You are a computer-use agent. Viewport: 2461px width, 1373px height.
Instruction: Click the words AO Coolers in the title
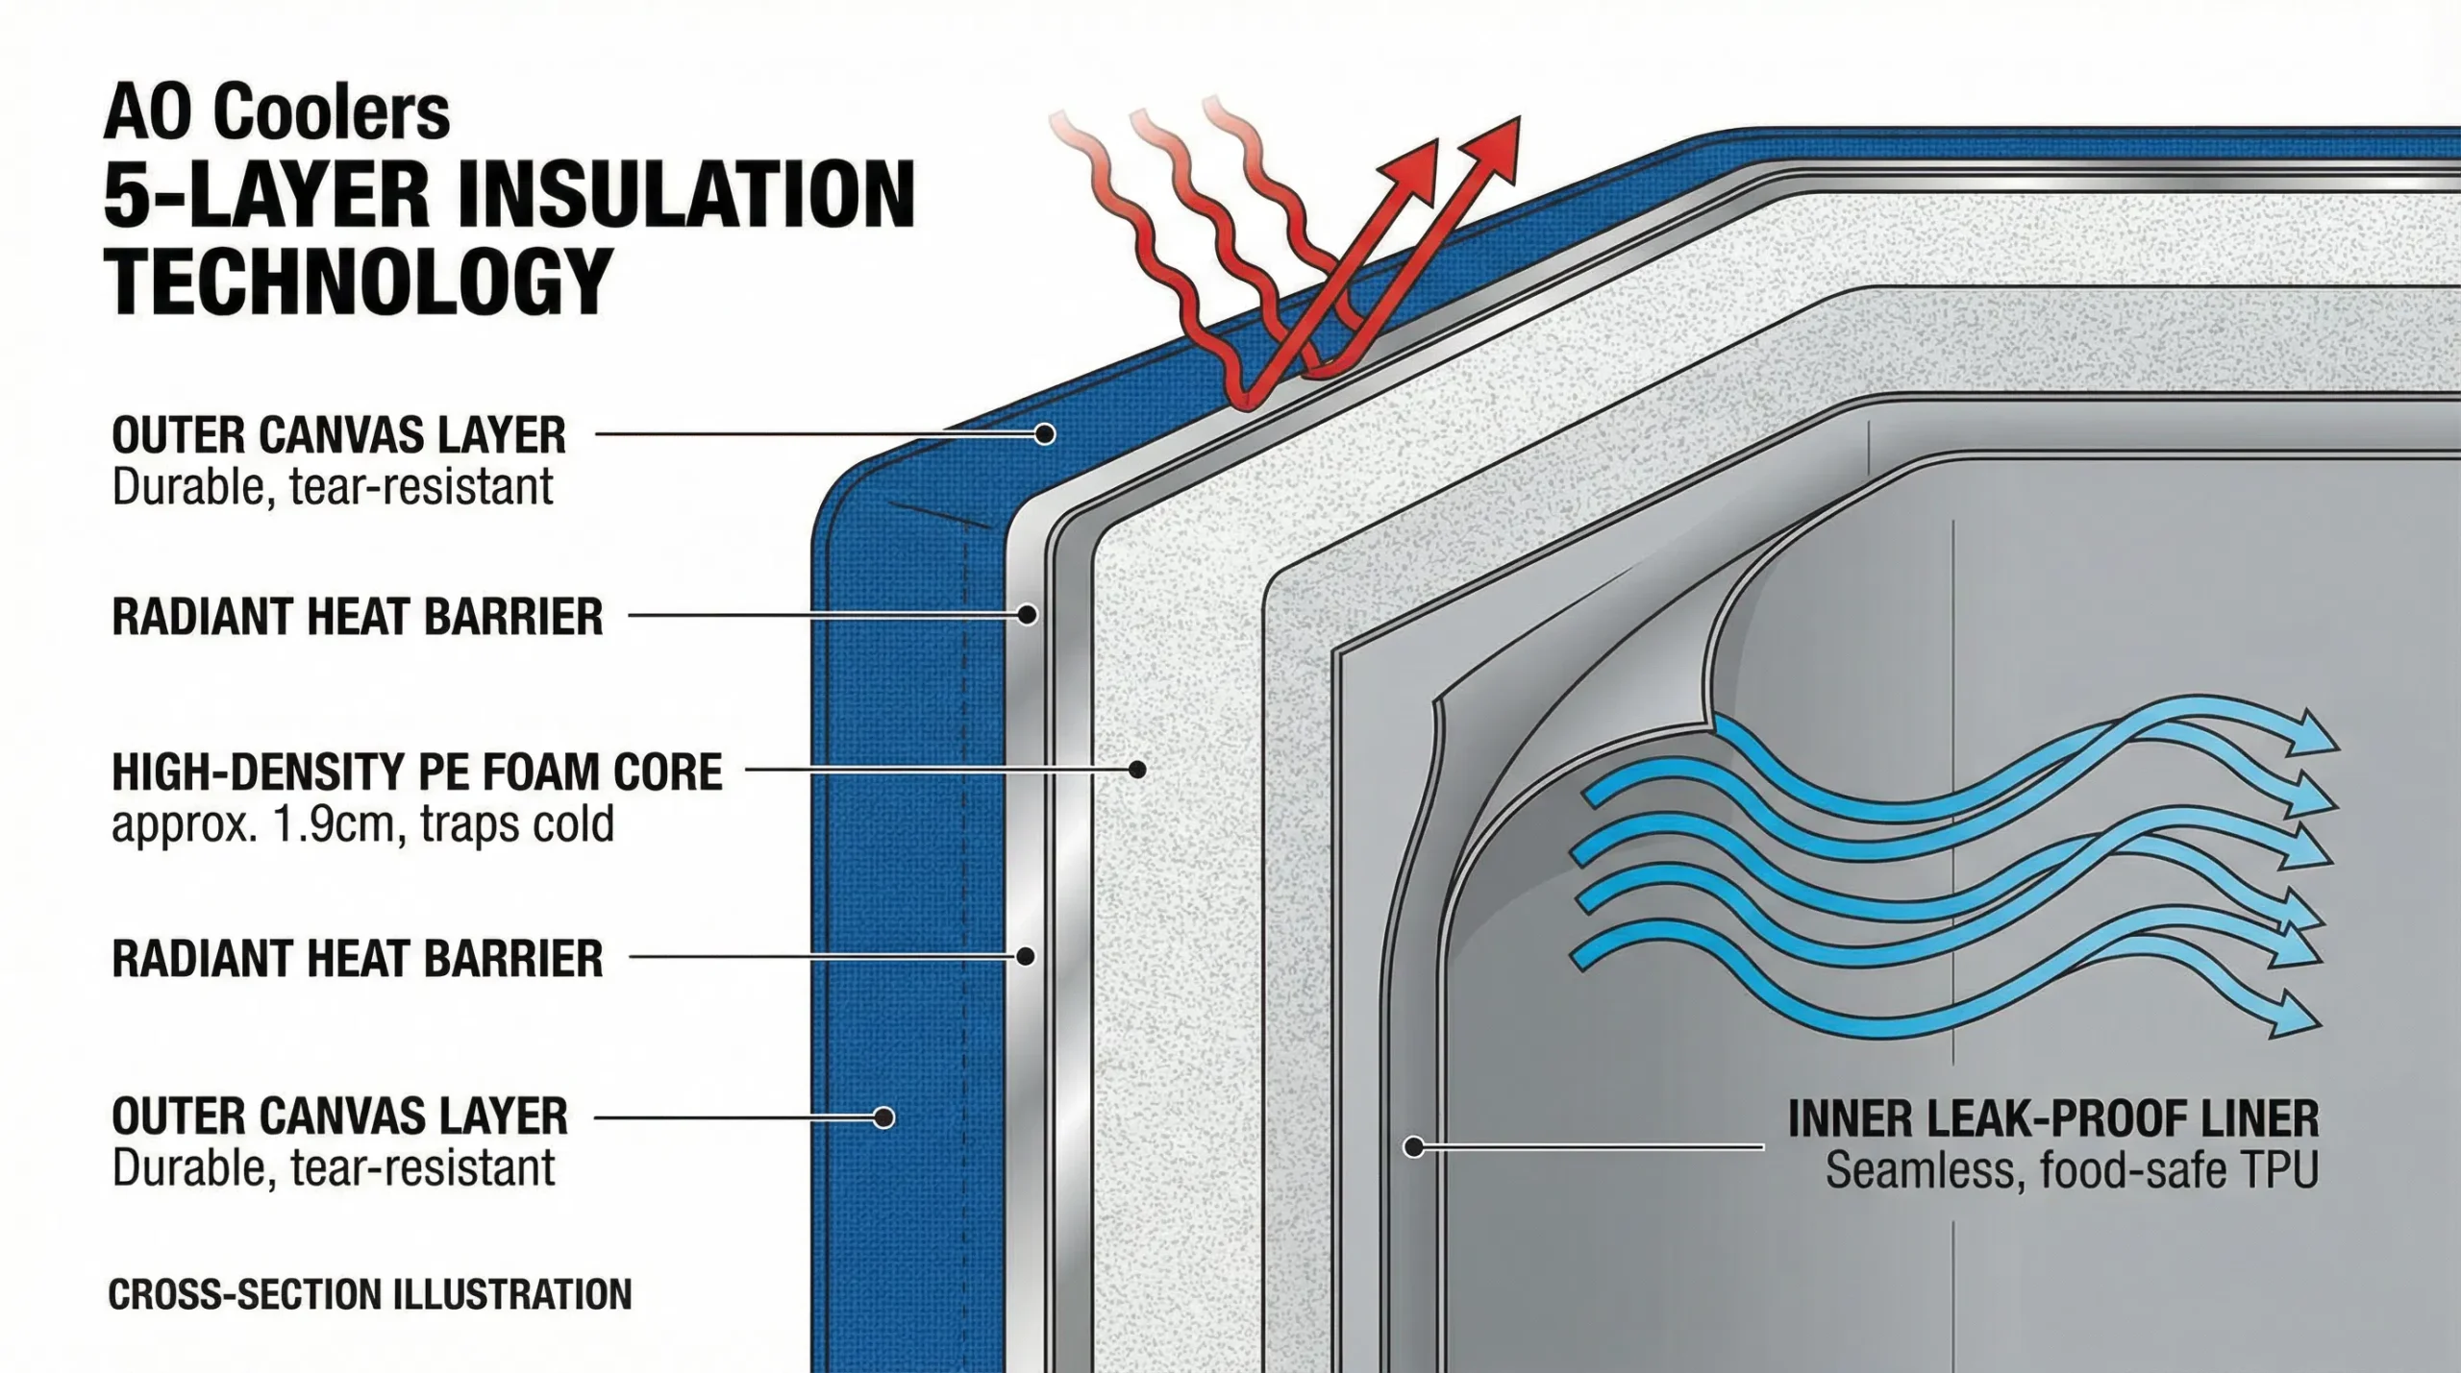point(277,113)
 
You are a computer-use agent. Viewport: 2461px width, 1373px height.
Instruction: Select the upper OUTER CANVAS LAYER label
point(338,435)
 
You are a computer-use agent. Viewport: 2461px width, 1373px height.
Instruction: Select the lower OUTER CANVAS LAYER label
point(339,1116)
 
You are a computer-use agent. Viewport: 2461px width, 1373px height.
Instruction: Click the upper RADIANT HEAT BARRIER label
point(357,616)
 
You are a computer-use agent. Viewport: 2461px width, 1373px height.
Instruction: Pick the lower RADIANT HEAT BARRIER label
point(357,958)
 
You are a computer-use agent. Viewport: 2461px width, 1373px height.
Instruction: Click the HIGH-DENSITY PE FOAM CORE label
point(416,772)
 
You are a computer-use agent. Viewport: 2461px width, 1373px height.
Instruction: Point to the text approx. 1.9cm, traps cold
point(362,824)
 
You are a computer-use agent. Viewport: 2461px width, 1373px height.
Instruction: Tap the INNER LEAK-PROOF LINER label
point(2053,1118)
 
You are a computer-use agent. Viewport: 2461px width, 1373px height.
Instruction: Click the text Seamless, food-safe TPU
point(2072,1170)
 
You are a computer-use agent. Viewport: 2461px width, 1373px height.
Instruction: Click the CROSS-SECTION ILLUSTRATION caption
point(370,1294)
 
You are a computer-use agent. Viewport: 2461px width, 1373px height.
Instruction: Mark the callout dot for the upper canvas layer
point(1045,434)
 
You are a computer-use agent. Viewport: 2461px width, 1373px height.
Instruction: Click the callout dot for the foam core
point(1137,769)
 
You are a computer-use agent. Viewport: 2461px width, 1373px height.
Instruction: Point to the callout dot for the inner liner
point(1413,1146)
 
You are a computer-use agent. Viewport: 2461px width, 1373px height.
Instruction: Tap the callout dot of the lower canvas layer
point(883,1117)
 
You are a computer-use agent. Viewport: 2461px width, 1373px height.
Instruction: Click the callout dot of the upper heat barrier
point(1028,614)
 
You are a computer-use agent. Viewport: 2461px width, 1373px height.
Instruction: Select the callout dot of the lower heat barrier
point(1026,956)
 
